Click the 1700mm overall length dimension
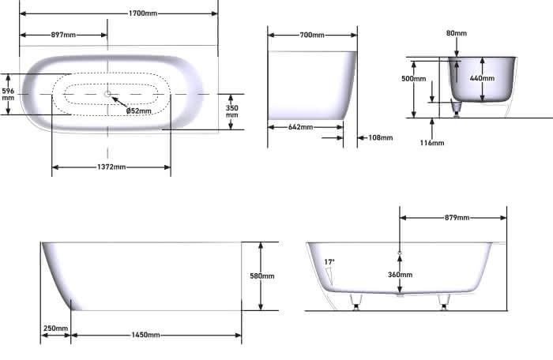(143, 13)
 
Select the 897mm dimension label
(63, 35)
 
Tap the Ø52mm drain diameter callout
(138, 111)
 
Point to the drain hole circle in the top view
(107, 94)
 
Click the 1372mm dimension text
(111, 167)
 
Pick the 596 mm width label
(8, 94)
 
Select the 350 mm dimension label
(231, 111)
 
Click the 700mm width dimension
(312, 35)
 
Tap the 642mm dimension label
(300, 127)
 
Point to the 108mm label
(381, 137)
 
